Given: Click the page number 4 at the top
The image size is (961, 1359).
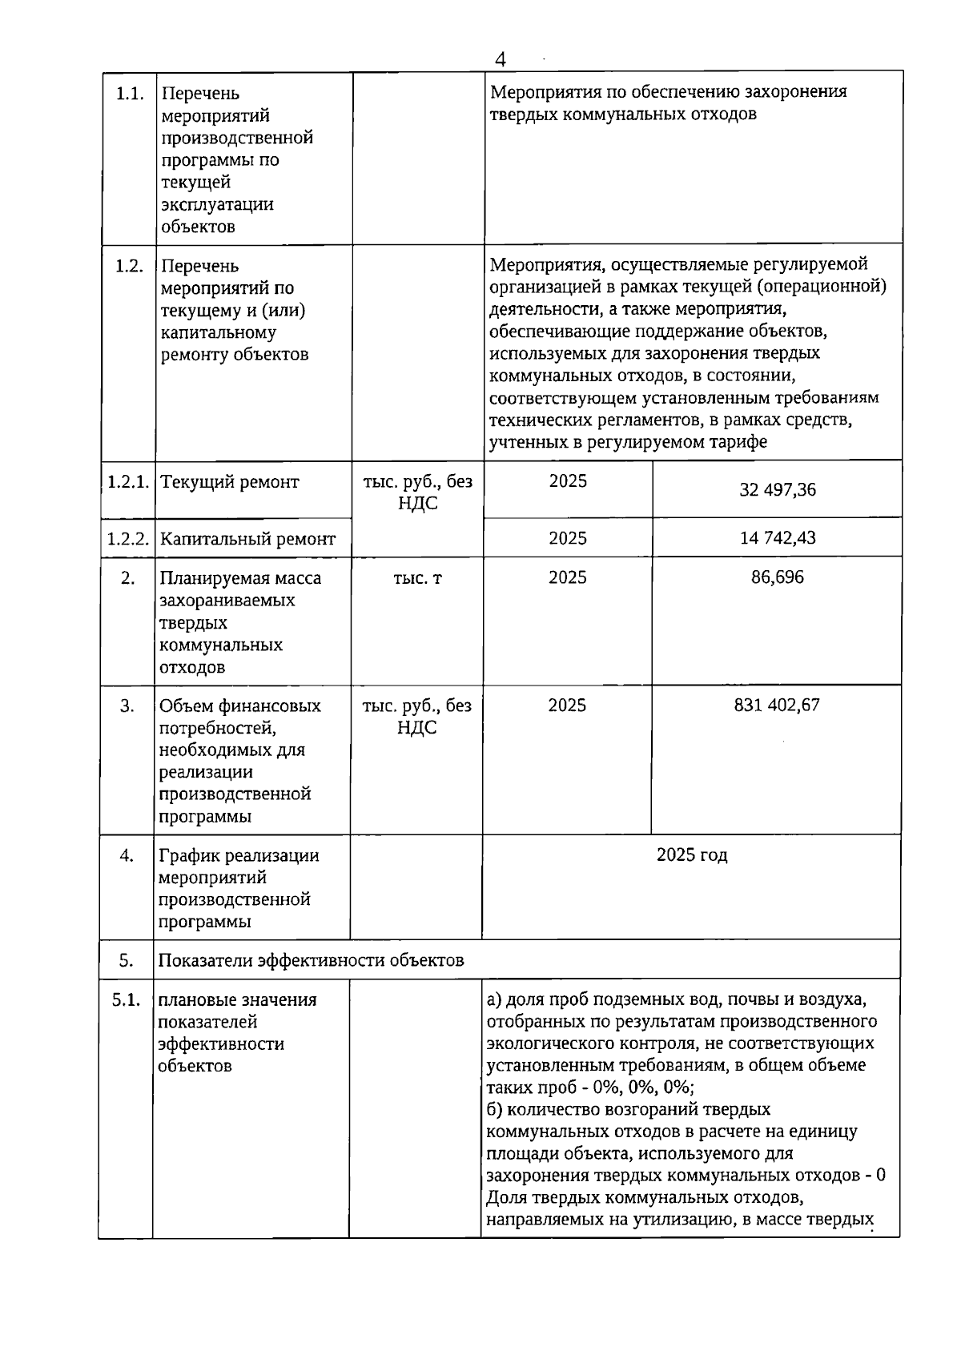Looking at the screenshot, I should point(501,60).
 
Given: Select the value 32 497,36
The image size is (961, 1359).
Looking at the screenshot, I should point(777,489).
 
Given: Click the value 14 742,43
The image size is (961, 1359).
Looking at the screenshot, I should point(777,537).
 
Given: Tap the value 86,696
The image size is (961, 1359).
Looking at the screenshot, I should point(777,577).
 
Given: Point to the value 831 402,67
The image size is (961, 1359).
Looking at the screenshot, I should point(776,706).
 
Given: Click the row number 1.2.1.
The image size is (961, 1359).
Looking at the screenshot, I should point(128,482).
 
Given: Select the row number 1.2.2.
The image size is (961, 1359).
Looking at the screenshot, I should point(128,539).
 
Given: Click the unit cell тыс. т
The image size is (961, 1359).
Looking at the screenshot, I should point(416,578).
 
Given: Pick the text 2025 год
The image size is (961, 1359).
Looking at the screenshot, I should point(692,854).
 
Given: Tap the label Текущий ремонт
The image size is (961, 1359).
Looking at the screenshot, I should point(230,482).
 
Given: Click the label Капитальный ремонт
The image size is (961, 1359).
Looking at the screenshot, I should point(247,539).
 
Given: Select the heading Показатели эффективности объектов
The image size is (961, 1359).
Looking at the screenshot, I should point(311,960).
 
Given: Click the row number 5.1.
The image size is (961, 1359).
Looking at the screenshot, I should point(126,999).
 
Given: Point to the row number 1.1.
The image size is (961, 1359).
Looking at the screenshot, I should point(130,94).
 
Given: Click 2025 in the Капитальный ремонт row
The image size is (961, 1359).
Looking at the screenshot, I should point(568,538).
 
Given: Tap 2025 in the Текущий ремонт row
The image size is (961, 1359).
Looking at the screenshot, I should point(568,481).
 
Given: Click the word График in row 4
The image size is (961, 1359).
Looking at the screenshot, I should point(189,855).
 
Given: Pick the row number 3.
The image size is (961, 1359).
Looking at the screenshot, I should point(127,706).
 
